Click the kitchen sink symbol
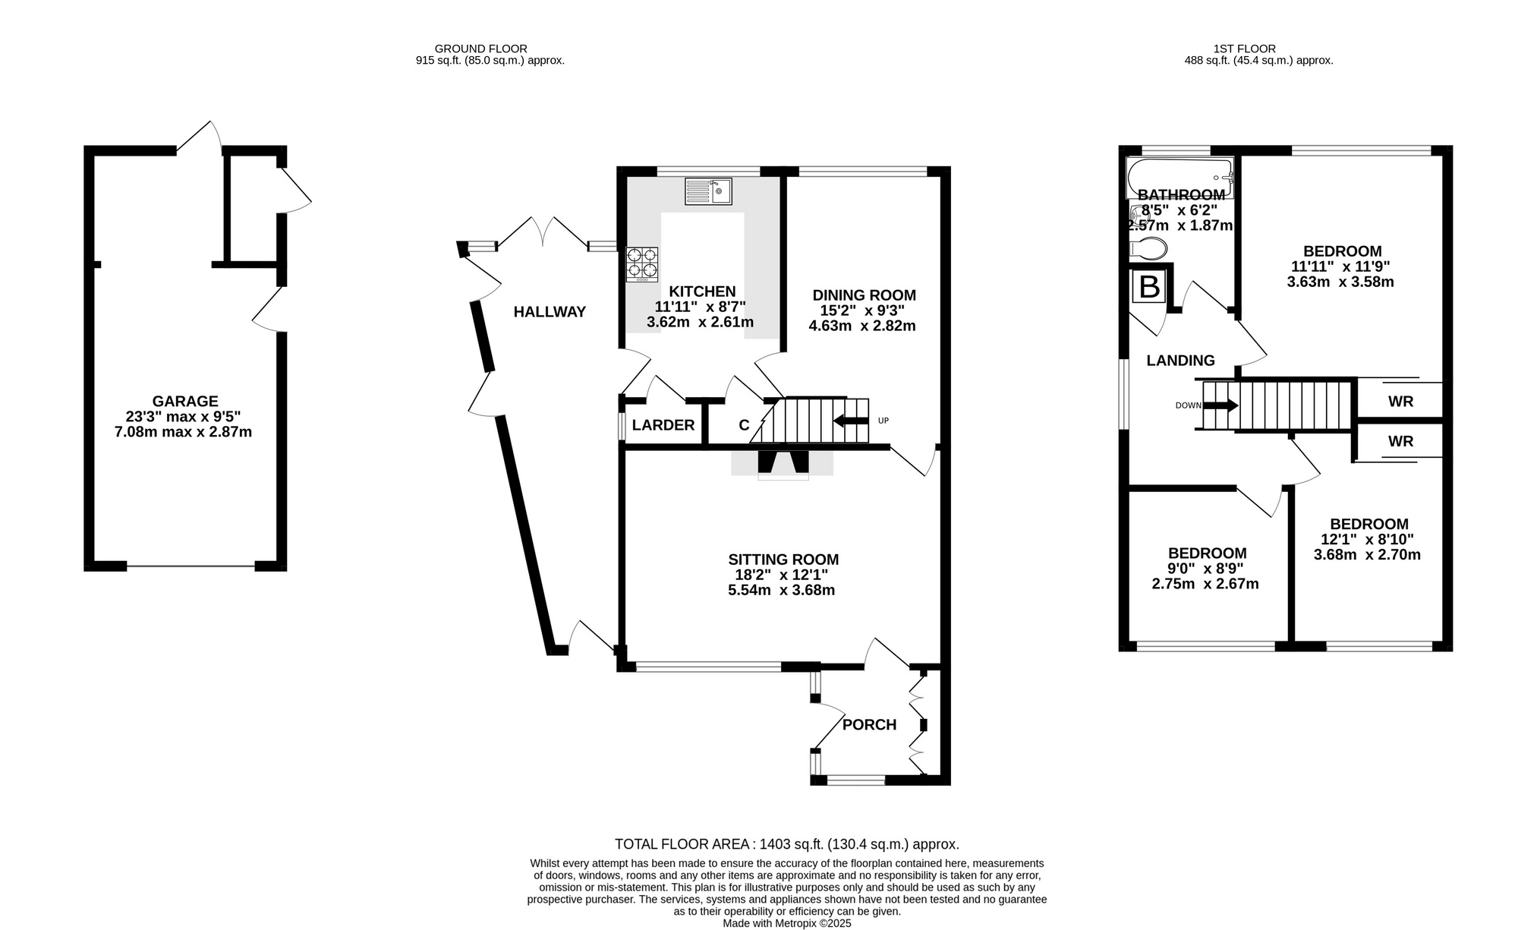(x=708, y=191)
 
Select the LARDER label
(x=663, y=425)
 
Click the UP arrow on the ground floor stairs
(x=851, y=421)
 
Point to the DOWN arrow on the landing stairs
(x=1221, y=405)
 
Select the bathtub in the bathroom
(x=1180, y=178)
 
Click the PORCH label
(x=870, y=725)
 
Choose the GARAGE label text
(x=185, y=401)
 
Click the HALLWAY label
(x=550, y=311)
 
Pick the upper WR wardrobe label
(x=1400, y=402)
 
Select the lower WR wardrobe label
(x=1400, y=441)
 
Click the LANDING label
(x=1180, y=361)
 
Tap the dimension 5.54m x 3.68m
(x=782, y=590)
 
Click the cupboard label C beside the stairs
(x=745, y=425)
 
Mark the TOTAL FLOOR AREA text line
(x=787, y=844)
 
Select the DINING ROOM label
(x=864, y=295)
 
